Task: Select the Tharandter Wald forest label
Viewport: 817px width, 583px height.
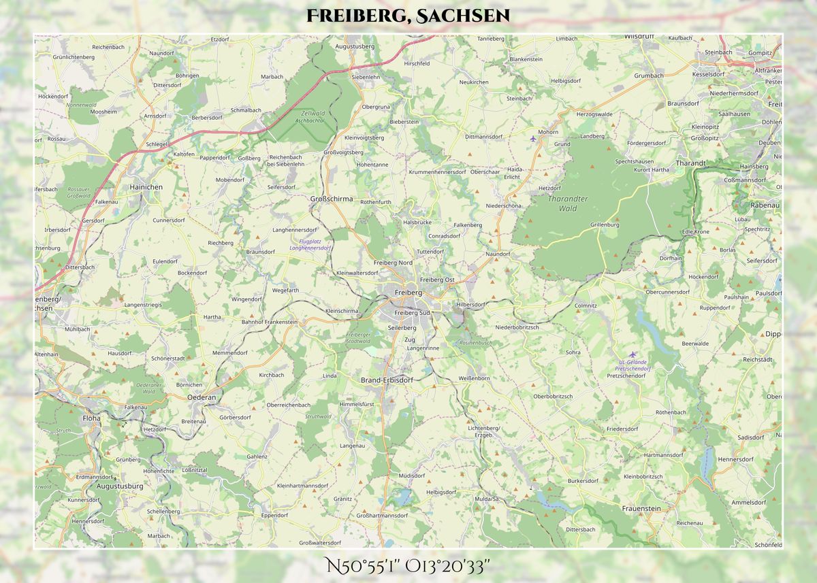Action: (567, 203)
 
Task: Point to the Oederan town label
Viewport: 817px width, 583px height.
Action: (202, 397)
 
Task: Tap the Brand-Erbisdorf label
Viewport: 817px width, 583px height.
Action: (386, 380)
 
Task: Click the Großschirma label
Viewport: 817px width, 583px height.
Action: (332, 199)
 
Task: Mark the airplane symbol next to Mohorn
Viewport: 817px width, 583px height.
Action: (533, 139)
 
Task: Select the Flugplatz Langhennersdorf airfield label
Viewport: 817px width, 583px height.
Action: (310, 245)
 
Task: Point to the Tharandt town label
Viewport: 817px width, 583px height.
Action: (690, 163)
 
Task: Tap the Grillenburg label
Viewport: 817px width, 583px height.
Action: (605, 224)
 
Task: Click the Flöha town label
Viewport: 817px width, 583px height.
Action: (91, 418)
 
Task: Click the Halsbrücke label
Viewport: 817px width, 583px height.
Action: (417, 222)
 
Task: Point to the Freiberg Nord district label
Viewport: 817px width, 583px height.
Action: (393, 263)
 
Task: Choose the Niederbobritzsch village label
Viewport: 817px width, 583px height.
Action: (517, 327)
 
